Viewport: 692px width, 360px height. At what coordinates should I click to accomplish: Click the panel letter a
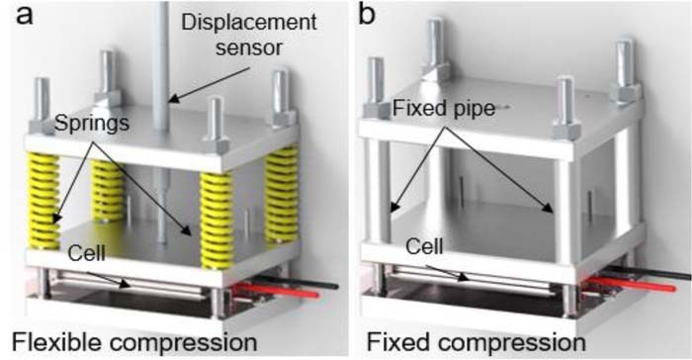pyautogui.click(x=14, y=16)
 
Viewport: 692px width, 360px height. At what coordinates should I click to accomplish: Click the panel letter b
pyautogui.click(x=368, y=16)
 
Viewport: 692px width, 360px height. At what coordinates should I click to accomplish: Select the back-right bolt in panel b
pyautogui.click(x=624, y=69)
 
